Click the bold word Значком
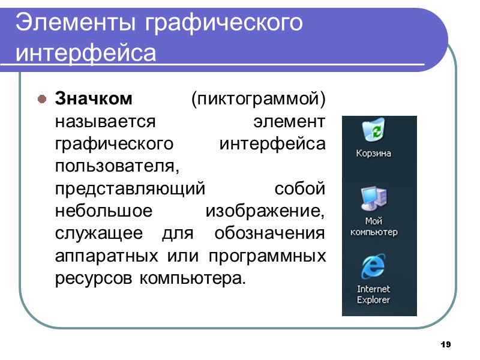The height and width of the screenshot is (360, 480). (x=94, y=98)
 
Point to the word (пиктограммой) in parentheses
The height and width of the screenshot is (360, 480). (x=259, y=98)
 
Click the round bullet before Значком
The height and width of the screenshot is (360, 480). (x=41, y=98)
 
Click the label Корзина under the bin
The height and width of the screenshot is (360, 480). (x=373, y=153)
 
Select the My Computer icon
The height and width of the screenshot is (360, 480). (x=373, y=198)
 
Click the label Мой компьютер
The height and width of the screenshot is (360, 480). (x=373, y=226)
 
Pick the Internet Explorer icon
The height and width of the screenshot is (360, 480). (x=373, y=266)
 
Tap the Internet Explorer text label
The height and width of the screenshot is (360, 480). (x=373, y=294)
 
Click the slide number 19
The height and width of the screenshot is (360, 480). (x=445, y=345)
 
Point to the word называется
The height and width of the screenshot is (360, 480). (x=106, y=121)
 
